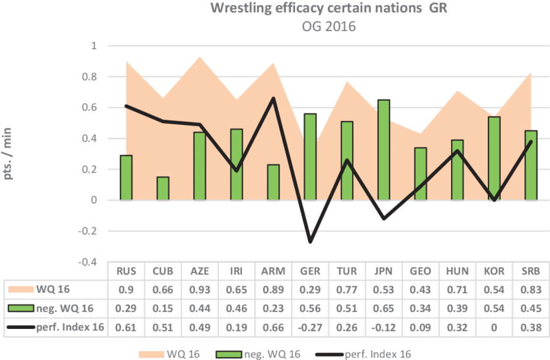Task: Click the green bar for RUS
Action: pos(126,178)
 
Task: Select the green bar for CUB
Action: pos(163,188)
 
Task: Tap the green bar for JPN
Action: pos(384,150)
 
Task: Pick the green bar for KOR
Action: pos(494,159)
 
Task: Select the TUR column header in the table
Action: pos(347,271)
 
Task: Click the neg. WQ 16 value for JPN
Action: pos(384,308)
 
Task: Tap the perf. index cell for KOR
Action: pos(494,327)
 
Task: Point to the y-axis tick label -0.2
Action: pos(90,231)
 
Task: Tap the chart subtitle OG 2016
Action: pos(329,27)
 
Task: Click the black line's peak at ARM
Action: pos(274,98)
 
